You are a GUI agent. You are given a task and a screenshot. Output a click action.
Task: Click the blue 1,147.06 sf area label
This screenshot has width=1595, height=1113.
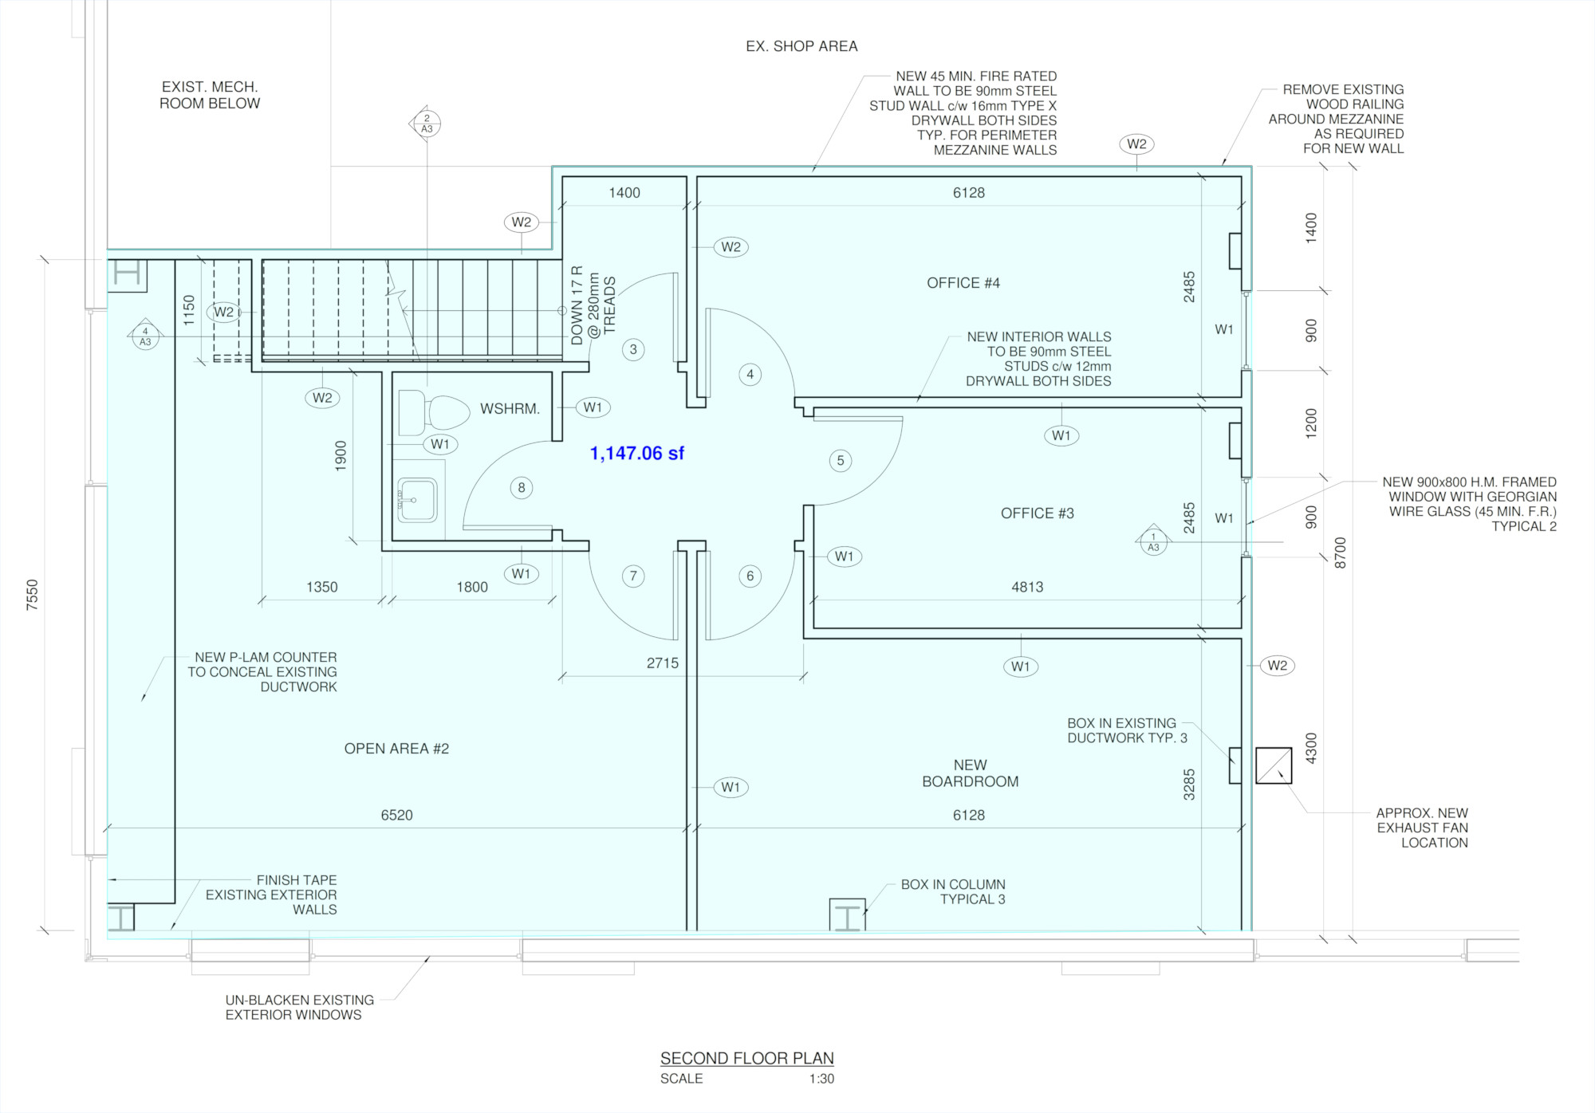636,454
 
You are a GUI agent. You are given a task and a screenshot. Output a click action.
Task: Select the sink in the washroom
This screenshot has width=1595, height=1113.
417,500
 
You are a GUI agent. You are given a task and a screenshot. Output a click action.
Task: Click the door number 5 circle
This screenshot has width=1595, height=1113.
841,461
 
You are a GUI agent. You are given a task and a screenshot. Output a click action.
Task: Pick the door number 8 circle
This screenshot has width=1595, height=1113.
522,488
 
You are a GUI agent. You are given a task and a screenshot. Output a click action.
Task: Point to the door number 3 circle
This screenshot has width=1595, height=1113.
633,349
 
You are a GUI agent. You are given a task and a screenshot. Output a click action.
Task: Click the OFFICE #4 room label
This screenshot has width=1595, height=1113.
963,283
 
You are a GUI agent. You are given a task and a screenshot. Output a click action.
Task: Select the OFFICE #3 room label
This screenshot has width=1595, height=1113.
1038,513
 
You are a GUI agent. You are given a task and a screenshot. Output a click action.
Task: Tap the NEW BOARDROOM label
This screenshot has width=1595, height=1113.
971,773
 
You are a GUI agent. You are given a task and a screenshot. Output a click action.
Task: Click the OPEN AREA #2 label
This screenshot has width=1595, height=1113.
396,749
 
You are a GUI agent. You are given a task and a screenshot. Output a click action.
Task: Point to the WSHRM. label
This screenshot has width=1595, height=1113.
510,409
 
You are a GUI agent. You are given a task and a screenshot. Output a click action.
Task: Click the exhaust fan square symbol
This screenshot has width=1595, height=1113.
1274,765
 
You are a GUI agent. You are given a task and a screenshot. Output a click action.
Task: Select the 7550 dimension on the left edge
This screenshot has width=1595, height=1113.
32,595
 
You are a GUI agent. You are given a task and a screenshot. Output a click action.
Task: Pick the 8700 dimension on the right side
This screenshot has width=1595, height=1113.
1341,553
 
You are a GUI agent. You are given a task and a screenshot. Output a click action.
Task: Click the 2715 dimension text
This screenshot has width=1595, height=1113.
663,663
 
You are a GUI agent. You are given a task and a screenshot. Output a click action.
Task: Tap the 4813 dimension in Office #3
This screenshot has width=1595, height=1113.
1027,588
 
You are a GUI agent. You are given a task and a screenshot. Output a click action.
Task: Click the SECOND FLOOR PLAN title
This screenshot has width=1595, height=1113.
747,1058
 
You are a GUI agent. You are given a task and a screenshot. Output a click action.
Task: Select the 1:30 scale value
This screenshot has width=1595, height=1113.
821,1079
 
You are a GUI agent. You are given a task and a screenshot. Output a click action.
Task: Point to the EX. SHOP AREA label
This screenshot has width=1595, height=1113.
801,46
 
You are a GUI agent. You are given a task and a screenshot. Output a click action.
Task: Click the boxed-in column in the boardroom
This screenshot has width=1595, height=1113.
848,915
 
